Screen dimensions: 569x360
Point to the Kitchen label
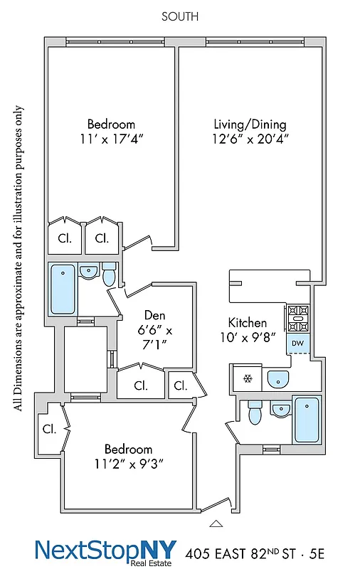coord(248,322)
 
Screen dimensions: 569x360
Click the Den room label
coord(155,315)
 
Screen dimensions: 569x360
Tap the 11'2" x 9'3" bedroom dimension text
coord(128,464)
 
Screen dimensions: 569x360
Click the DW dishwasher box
coord(297,343)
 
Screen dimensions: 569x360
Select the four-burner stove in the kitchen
coord(297,318)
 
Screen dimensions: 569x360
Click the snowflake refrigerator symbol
coord(248,378)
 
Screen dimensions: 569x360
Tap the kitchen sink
coord(278,379)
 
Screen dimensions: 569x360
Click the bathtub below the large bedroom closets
coord(62,289)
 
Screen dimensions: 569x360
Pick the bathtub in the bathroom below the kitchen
coord(307,420)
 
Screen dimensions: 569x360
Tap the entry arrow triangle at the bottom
coord(216,524)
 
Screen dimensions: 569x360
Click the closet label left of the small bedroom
coord(49,430)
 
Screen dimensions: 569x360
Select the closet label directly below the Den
coord(141,386)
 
